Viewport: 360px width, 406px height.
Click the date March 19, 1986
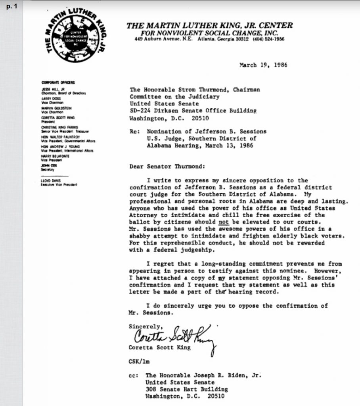point(264,65)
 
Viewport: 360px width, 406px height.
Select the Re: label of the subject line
point(135,132)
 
